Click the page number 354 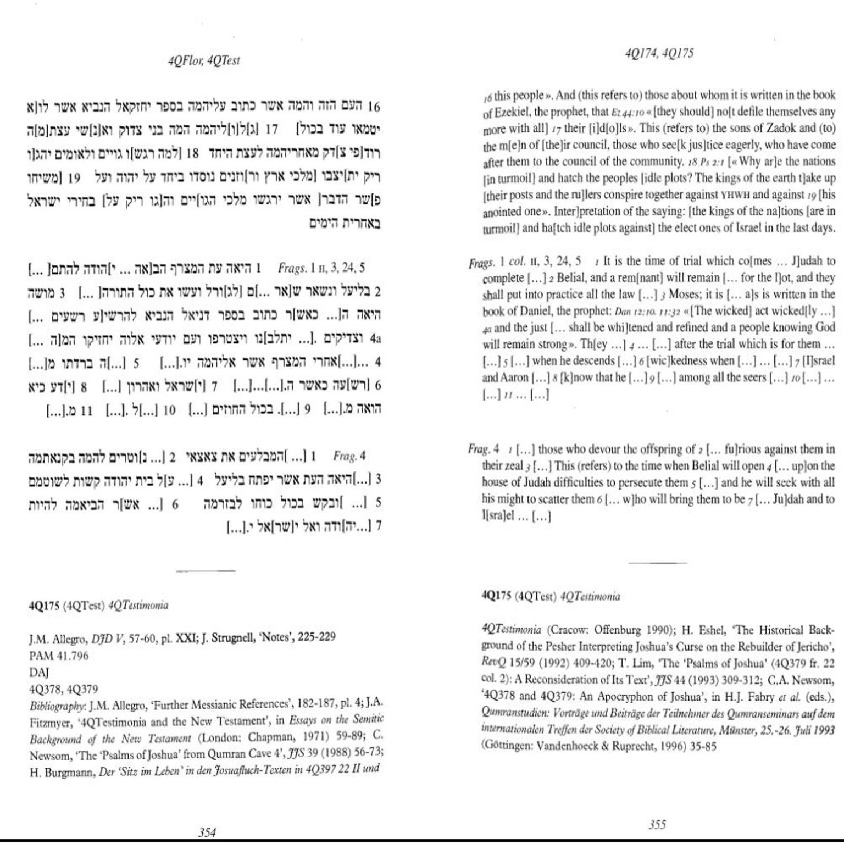pos(207,832)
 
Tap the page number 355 pos(657,824)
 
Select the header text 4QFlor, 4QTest pos(204,60)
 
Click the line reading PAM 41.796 pos(59,655)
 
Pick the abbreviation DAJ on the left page pos(39,672)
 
